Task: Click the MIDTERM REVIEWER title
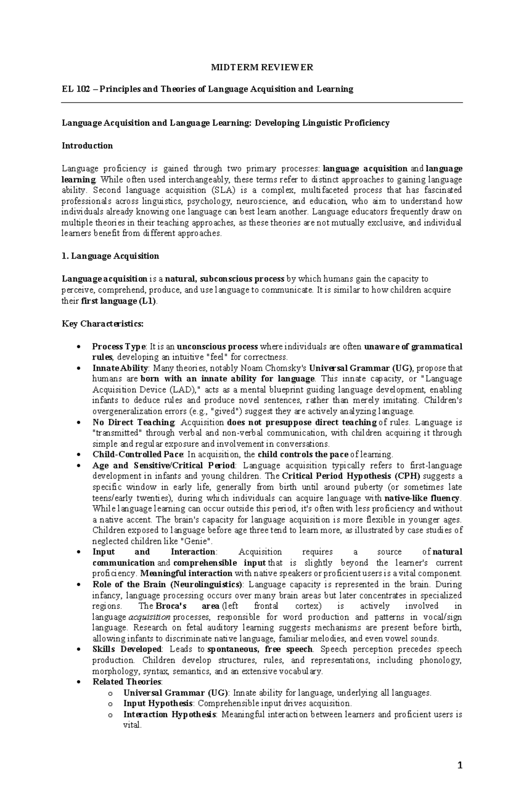point(262,67)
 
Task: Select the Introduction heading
point(87,146)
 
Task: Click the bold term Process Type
point(119,347)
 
